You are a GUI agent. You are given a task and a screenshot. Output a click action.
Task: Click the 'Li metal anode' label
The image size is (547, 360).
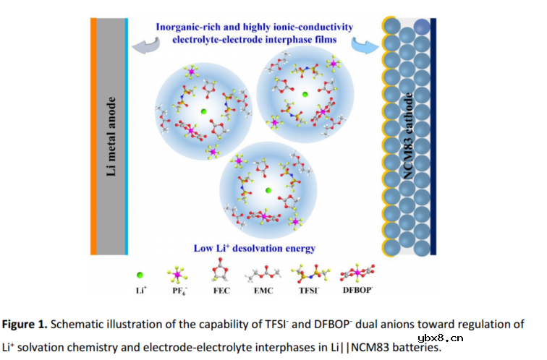pyautogui.click(x=111, y=136)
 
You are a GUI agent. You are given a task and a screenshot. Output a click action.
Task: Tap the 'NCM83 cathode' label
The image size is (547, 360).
pyautogui.click(x=408, y=136)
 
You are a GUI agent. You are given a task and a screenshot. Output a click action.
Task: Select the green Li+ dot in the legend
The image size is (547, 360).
pyautogui.click(x=140, y=275)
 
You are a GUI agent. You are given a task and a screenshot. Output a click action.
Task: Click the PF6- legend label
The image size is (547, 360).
pyautogui.click(x=179, y=291)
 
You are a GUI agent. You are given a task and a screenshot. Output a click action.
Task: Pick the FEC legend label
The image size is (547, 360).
pyautogui.click(x=221, y=291)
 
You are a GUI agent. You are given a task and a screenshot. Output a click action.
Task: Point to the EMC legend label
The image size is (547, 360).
pyautogui.click(x=263, y=291)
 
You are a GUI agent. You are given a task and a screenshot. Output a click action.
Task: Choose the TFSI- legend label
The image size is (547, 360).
pyautogui.click(x=309, y=290)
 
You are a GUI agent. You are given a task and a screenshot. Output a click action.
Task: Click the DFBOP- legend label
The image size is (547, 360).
pyautogui.click(x=358, y=290)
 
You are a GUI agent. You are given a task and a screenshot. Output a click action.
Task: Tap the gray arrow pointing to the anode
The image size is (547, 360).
pyautogui.click(x=146, y=46)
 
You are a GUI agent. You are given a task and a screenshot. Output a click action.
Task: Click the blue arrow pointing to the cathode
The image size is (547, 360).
pyautogui.click(x=365, y=46)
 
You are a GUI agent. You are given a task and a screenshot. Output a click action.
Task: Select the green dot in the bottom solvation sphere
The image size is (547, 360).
pyautogui.click(x=268, y=190)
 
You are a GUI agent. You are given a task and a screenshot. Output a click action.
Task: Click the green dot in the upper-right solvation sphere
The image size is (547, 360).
pyautogui.click(x=305, y=95)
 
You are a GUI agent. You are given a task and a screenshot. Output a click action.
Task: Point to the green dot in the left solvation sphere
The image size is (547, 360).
pyautogui.click(x=204, y=111)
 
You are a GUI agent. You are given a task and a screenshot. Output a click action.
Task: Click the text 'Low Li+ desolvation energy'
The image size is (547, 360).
pyautogui.click(x=255, y=248)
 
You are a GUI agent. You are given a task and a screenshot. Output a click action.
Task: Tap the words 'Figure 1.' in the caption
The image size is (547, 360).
pyautogui.click(x=25, y=325)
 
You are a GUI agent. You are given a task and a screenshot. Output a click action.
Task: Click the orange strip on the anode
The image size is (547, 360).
pyautogui.click(x=93, y=136)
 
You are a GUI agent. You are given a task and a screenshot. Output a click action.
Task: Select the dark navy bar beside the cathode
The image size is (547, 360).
pyautogui.click(x=433, y=136)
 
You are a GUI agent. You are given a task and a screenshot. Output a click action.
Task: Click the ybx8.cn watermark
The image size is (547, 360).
pyautogui.click(x=440, y=338)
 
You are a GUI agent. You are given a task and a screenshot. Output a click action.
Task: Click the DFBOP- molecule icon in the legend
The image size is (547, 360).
pyautogui.click(x=357, y=273)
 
